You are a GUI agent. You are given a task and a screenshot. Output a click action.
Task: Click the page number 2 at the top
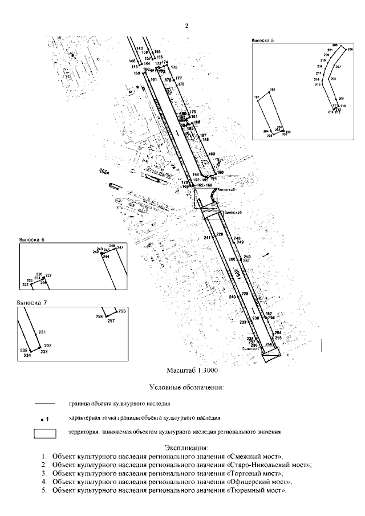click(x=186, y=26)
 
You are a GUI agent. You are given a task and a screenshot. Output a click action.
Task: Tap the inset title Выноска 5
click(x=263, y=41)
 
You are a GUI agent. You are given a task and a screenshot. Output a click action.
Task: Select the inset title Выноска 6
click(x=32, y=240)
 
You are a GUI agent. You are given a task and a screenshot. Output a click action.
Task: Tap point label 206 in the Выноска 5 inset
click(x=335, y=45)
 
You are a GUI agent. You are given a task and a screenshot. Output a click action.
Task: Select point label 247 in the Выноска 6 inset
click(x=120, y=247)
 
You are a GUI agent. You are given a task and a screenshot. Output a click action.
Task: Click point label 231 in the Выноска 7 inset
click(x=42, y=332)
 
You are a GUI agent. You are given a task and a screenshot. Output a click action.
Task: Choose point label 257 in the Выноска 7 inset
click(x=111, y=321)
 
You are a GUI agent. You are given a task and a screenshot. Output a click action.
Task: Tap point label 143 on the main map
click(x=139, y=49)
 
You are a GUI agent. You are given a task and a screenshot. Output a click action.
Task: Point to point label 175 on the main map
click(x=175, y=67)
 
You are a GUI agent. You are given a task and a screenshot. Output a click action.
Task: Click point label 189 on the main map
click(x=212, y=154)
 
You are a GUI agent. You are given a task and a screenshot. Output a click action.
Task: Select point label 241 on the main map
click(x=207, y=237)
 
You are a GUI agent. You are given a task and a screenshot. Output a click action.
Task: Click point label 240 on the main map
click(x=232, y=298)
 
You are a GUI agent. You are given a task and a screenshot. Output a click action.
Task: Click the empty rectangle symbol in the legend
click(x=45, y=433)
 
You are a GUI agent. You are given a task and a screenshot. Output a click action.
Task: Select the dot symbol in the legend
click(x=42, y=419)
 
